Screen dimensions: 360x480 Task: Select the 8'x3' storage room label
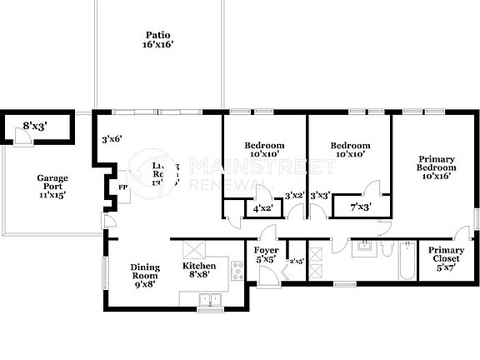(x=34, y=127)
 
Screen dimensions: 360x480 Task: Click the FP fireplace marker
(x=122, y=188)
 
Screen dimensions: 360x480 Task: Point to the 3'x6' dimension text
(x=112, y=139)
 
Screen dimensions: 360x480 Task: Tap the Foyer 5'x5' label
(x=266, y=255)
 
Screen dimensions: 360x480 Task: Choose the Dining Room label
(x=145, y=275)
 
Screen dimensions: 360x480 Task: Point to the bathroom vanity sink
(x=363, y=247)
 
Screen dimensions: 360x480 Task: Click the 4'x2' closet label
(x=262, y=208)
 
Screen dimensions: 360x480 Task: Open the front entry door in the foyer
(x=267, y=279)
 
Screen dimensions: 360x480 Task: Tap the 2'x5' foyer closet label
(x=296, y=260)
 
